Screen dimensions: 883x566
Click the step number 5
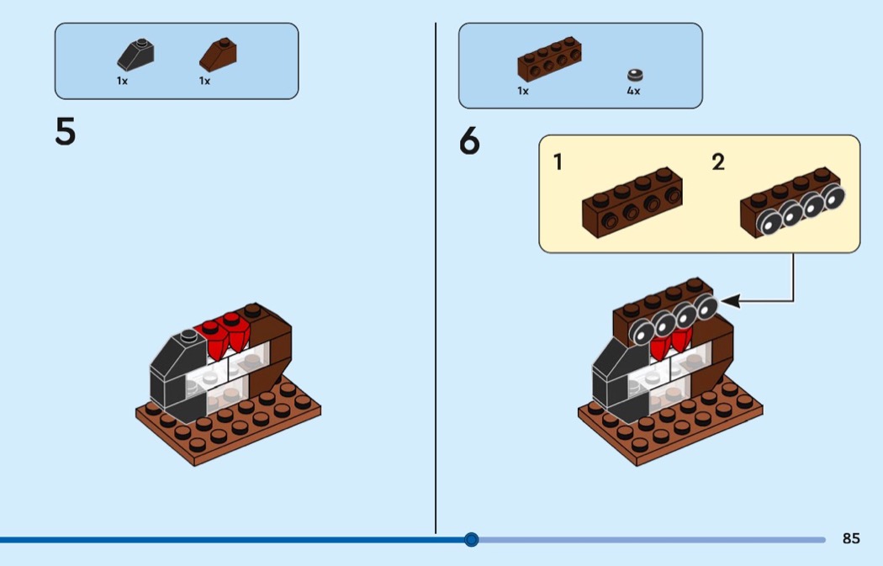click(66, 131)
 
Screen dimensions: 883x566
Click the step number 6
click(469, 140)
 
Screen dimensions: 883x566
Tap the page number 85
click(851, 538)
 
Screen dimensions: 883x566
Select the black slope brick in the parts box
click(135, 56)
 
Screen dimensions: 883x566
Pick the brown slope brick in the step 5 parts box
click(218, 55)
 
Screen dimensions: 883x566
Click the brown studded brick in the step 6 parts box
click(550, 60)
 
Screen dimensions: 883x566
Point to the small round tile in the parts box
click(635, 75)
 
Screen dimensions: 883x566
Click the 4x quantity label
click(633, 91)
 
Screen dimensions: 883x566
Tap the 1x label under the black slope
click(122, 81)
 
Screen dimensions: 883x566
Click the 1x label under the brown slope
click(204, 81)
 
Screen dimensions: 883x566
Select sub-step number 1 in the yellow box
click(558, 162)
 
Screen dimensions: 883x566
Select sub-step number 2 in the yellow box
click(718, 162)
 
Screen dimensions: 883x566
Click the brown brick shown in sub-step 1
click(632, 202)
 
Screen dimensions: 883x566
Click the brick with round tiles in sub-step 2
click(793, 203)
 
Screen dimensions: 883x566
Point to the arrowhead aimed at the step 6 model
click(730, 301)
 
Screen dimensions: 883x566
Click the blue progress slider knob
click(471, 540)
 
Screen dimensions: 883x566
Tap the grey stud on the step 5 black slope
click(188, 336)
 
